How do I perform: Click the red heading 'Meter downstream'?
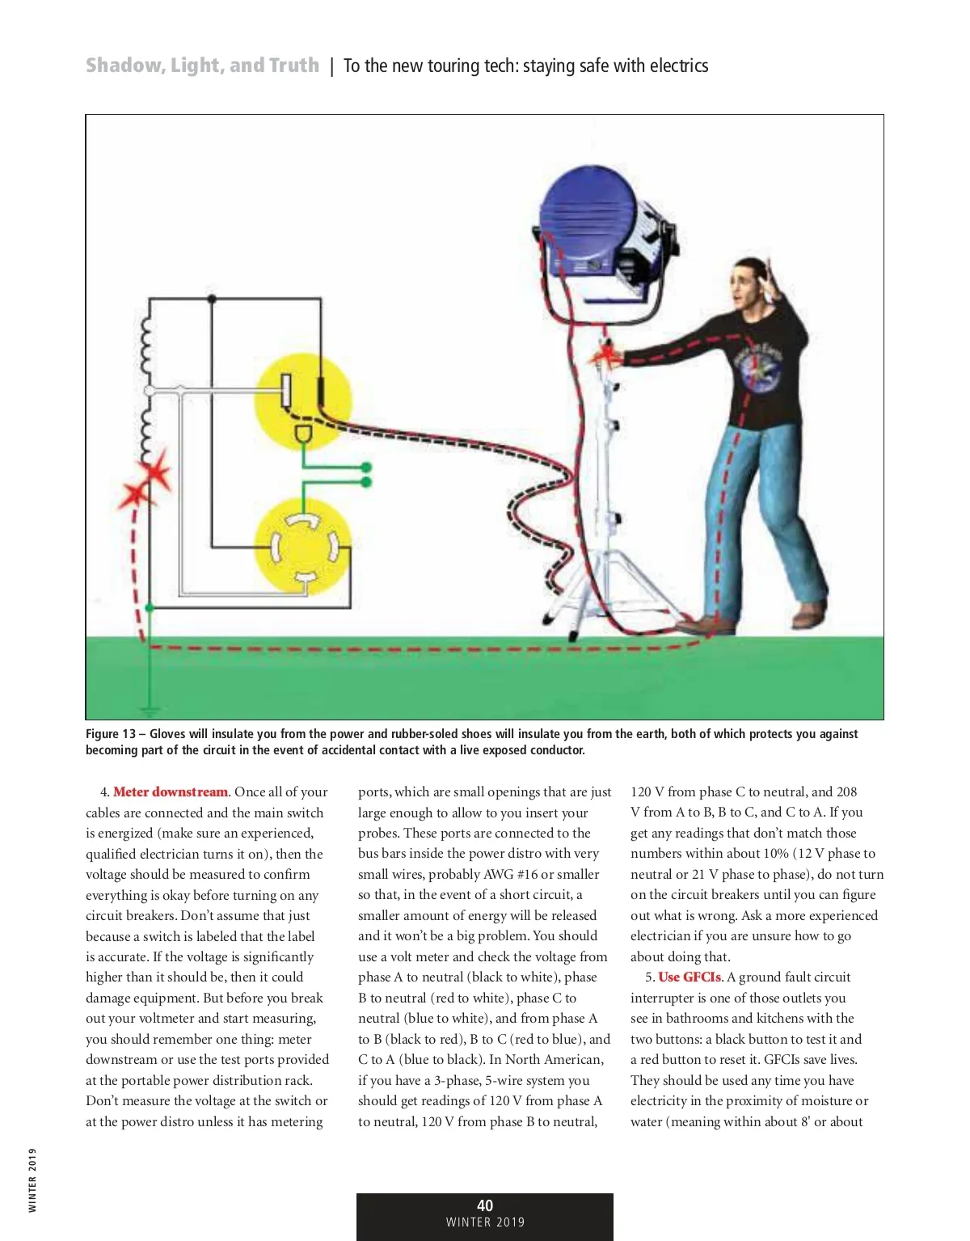pos(171,792)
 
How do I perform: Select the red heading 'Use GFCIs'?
pos(689,977)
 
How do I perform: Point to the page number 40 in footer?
pos(485,1205)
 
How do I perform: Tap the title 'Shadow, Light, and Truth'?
pos(202,65)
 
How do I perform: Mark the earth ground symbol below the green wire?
pos(148,711)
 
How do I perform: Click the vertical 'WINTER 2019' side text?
pos(32,1180)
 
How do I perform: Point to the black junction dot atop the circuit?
pos(212,299)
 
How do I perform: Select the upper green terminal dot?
pos(366,467)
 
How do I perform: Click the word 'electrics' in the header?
pos(680,66)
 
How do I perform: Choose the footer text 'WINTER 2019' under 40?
pos(485,1223)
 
